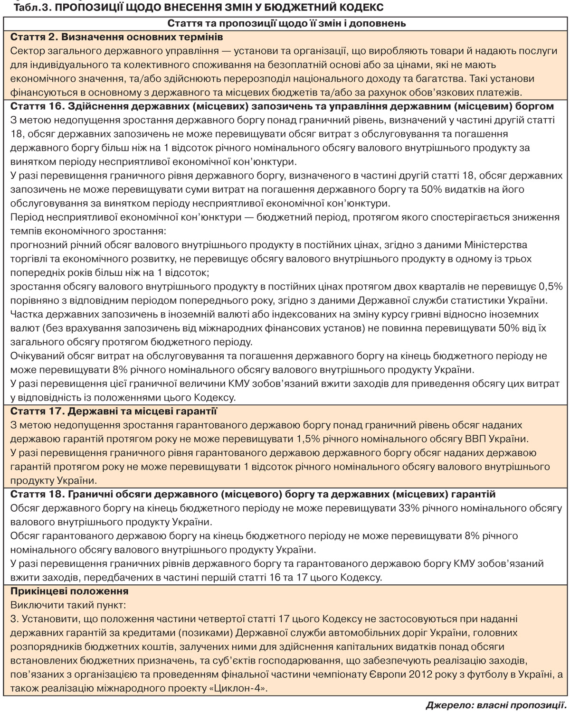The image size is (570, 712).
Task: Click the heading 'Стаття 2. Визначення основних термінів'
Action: (x=117, y=37)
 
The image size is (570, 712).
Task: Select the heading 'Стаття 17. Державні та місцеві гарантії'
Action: (x=114, y=411)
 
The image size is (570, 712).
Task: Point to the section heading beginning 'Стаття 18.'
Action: (x=253, y=494)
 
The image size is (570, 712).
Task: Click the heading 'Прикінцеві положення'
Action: (x=69, y=591)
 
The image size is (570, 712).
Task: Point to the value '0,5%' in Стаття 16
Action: (x=551, y=286)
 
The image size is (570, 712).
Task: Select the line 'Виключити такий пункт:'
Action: (x=68, y=605)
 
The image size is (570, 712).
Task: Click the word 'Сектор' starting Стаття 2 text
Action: (x=27, y=51)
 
